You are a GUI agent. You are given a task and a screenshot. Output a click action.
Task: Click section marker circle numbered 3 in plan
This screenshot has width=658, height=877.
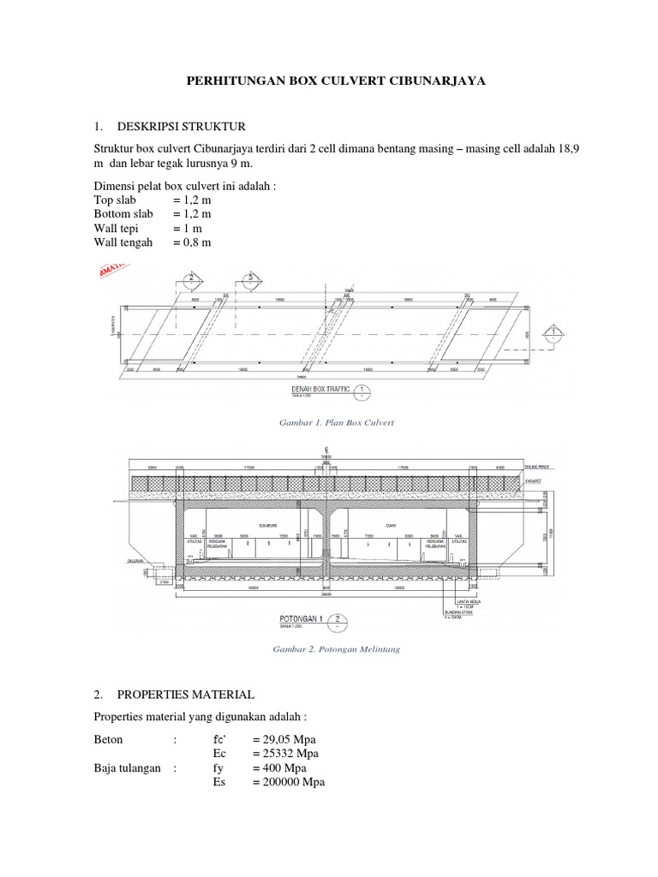pyautogui.click(x=252, y=277)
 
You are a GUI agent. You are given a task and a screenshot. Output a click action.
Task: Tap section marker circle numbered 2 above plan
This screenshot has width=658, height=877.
pyautogui.click(x=191, y=277)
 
